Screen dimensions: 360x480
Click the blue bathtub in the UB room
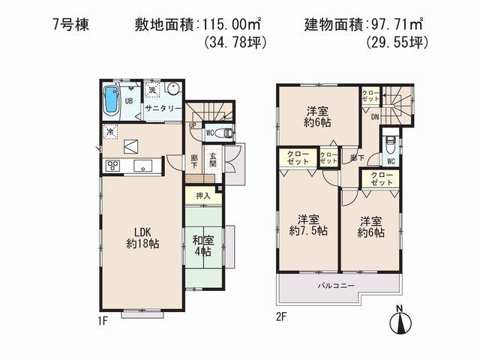tap(111, 99)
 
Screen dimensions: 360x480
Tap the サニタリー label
tap(163, 108)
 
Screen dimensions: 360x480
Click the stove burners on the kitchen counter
tap(114, 165)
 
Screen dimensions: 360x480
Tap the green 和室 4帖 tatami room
tap(202, 247)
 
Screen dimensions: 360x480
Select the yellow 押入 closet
tap(203, 196)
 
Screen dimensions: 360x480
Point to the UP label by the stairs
tap(193, 125)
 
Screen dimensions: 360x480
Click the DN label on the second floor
tap(373, 116)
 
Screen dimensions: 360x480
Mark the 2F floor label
tap(281, 317)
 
